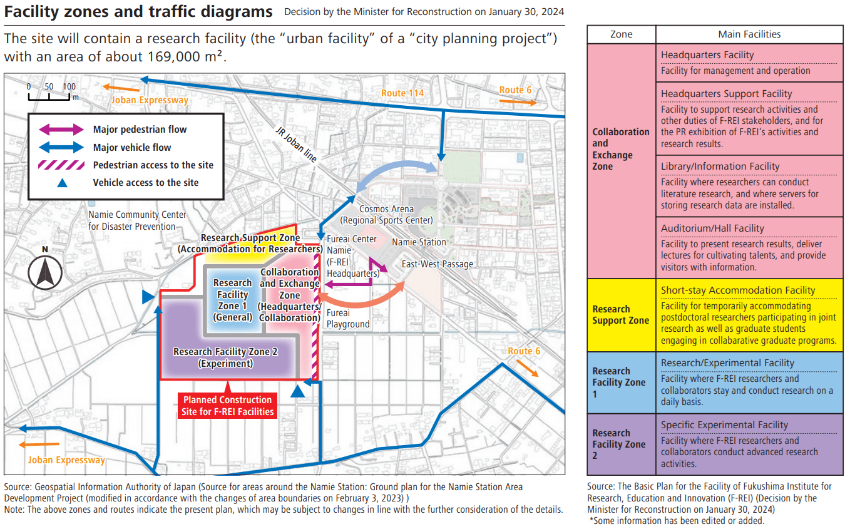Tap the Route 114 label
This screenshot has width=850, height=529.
coord(402,93)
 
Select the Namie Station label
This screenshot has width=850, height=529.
coord(419,242)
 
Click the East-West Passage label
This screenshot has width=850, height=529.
coord(437,264)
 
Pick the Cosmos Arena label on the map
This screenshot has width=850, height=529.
coord(386,215)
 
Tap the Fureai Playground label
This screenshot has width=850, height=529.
coord(348,319)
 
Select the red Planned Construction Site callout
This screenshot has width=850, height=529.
coord(227,406)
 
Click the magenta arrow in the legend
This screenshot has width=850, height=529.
coord(61,130)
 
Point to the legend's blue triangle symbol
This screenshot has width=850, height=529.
coord(61,183)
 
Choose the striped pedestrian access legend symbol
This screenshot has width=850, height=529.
coord(61,165)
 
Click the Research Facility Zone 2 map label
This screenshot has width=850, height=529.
coord(225,357)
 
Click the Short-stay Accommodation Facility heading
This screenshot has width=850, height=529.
coord(738,290)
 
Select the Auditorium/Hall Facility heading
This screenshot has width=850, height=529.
coord(712,229)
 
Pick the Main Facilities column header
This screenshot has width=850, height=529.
coord(749,34)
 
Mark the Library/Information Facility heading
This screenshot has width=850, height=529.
coord(720,167)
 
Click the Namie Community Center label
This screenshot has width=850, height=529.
coord(137,220)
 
